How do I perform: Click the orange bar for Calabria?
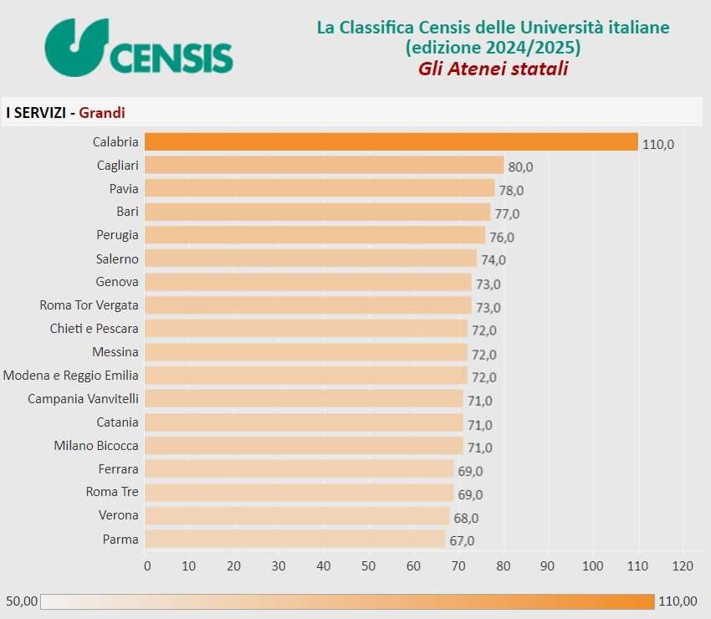pyautogui.click(x=391, y=142)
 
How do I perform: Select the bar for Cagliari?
pyautogui.click(x=324, y=166)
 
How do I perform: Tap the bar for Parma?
pyautogui.click(x=294, y=540)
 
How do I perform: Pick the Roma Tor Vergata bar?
pyautogui.click(x=308, y=305)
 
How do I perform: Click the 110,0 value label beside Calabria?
pyautogui.click(x=658, y=144)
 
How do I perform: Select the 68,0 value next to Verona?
pyautogui.click(x=466, y=518)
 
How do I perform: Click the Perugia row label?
pyautogui.click(x=116, y=235)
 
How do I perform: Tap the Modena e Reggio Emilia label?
pyautogui.click(x=71, y=376)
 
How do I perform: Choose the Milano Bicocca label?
pyautogui.click(x=96, y=446)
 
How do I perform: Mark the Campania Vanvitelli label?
pyautogui.click(x=83, y=399)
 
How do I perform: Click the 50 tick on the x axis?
pyautogui.click(x=369, y=566)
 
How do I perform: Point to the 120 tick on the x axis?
pyautogui.click(x=683, y=566)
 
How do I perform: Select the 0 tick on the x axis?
pyautogui.click(x=147, y=566)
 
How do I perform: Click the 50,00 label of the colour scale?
pyautogui.click(x=21, y=601)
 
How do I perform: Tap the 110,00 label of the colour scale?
pyautogui.click(x=678, y=601)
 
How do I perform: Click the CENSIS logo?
pyautogui.click(x=139, y=48)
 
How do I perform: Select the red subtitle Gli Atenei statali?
pyautogui.click(x=493, y=69)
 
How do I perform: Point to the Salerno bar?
pyautogui.click(x=310, y=258)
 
